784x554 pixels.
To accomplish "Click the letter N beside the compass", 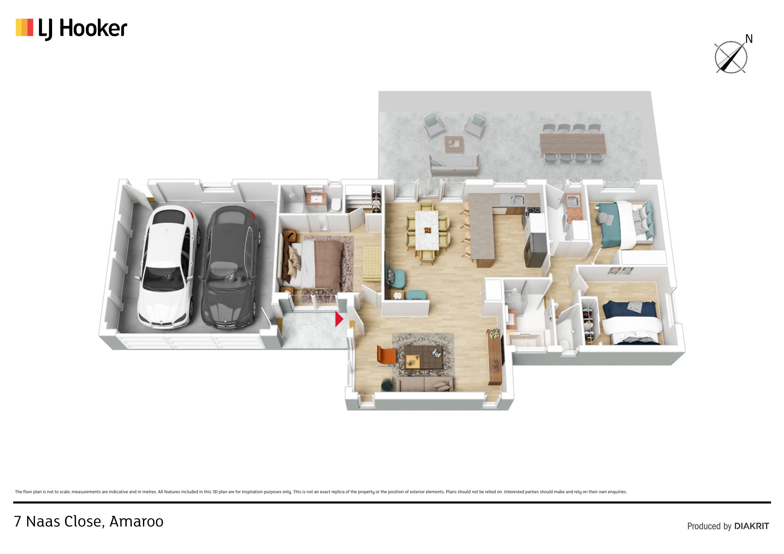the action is click(x=749, y=39).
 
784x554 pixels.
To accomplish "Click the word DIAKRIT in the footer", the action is click(x=752, y=526).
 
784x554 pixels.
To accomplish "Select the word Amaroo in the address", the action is click(x=136, y=522).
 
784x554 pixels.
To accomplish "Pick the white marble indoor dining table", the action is click(x=427, y=230).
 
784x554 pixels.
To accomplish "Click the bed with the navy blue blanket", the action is click(x=630, y=323).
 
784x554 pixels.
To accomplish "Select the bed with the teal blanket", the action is click(x=624, y=225).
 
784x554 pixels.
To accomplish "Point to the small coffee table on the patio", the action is click(x=454, y=144).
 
